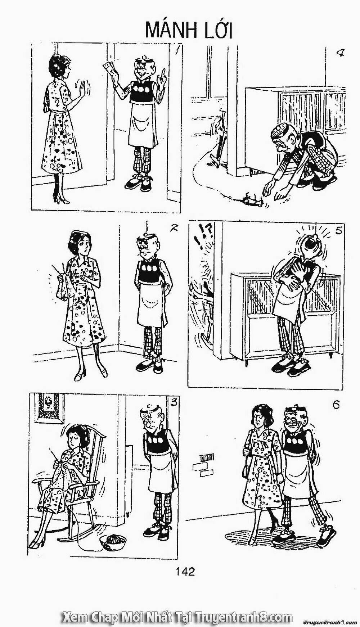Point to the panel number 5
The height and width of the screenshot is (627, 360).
[338, 231]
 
